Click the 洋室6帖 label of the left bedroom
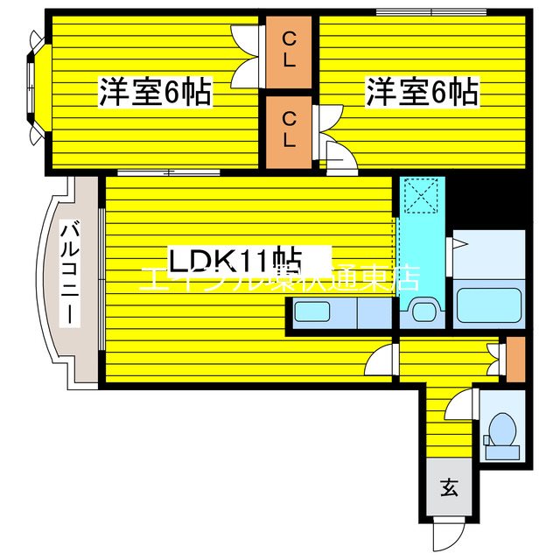click(155, 93)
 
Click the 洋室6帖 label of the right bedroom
click(423, 93)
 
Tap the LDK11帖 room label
click(235, 260)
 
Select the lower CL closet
click(289, 128)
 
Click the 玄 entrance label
click(448, 489)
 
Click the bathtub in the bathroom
click(489, 304)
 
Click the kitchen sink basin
click(311, 311)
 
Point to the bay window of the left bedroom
click(32, 88)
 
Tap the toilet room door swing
click(460, 406)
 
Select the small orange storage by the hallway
click(515, 354)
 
